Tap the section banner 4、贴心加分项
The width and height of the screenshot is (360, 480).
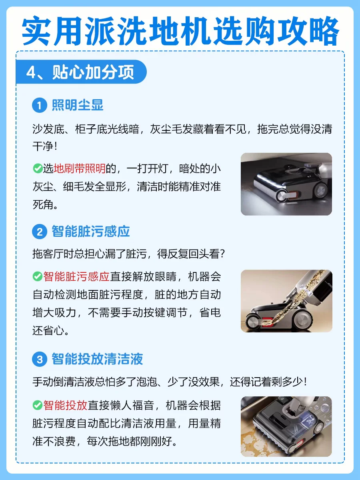(81, 72)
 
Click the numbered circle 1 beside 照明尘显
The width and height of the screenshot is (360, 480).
(40, 106)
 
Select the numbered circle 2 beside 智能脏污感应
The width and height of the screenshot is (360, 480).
(40, 232)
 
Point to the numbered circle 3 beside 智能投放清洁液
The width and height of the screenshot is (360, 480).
(40, 359)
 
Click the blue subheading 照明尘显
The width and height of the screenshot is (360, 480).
(78, 105)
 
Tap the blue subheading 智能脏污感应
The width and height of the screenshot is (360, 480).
(91, 231)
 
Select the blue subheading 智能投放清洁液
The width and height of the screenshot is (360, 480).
(97, 359)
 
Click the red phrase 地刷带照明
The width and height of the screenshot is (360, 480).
(80, 169)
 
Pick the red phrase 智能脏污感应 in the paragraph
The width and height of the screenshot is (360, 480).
(76, 277)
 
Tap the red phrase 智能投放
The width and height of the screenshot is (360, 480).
(65, 405)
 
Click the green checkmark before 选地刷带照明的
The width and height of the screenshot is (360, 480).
(38, 169)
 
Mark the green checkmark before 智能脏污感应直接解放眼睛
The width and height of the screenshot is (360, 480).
(38, 276)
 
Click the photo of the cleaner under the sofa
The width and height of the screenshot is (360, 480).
(286, 184)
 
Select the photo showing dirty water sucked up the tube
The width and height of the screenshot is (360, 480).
(286, 301)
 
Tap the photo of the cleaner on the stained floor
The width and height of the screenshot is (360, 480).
(286, 426)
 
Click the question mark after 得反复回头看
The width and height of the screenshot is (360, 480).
(222, 254)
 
